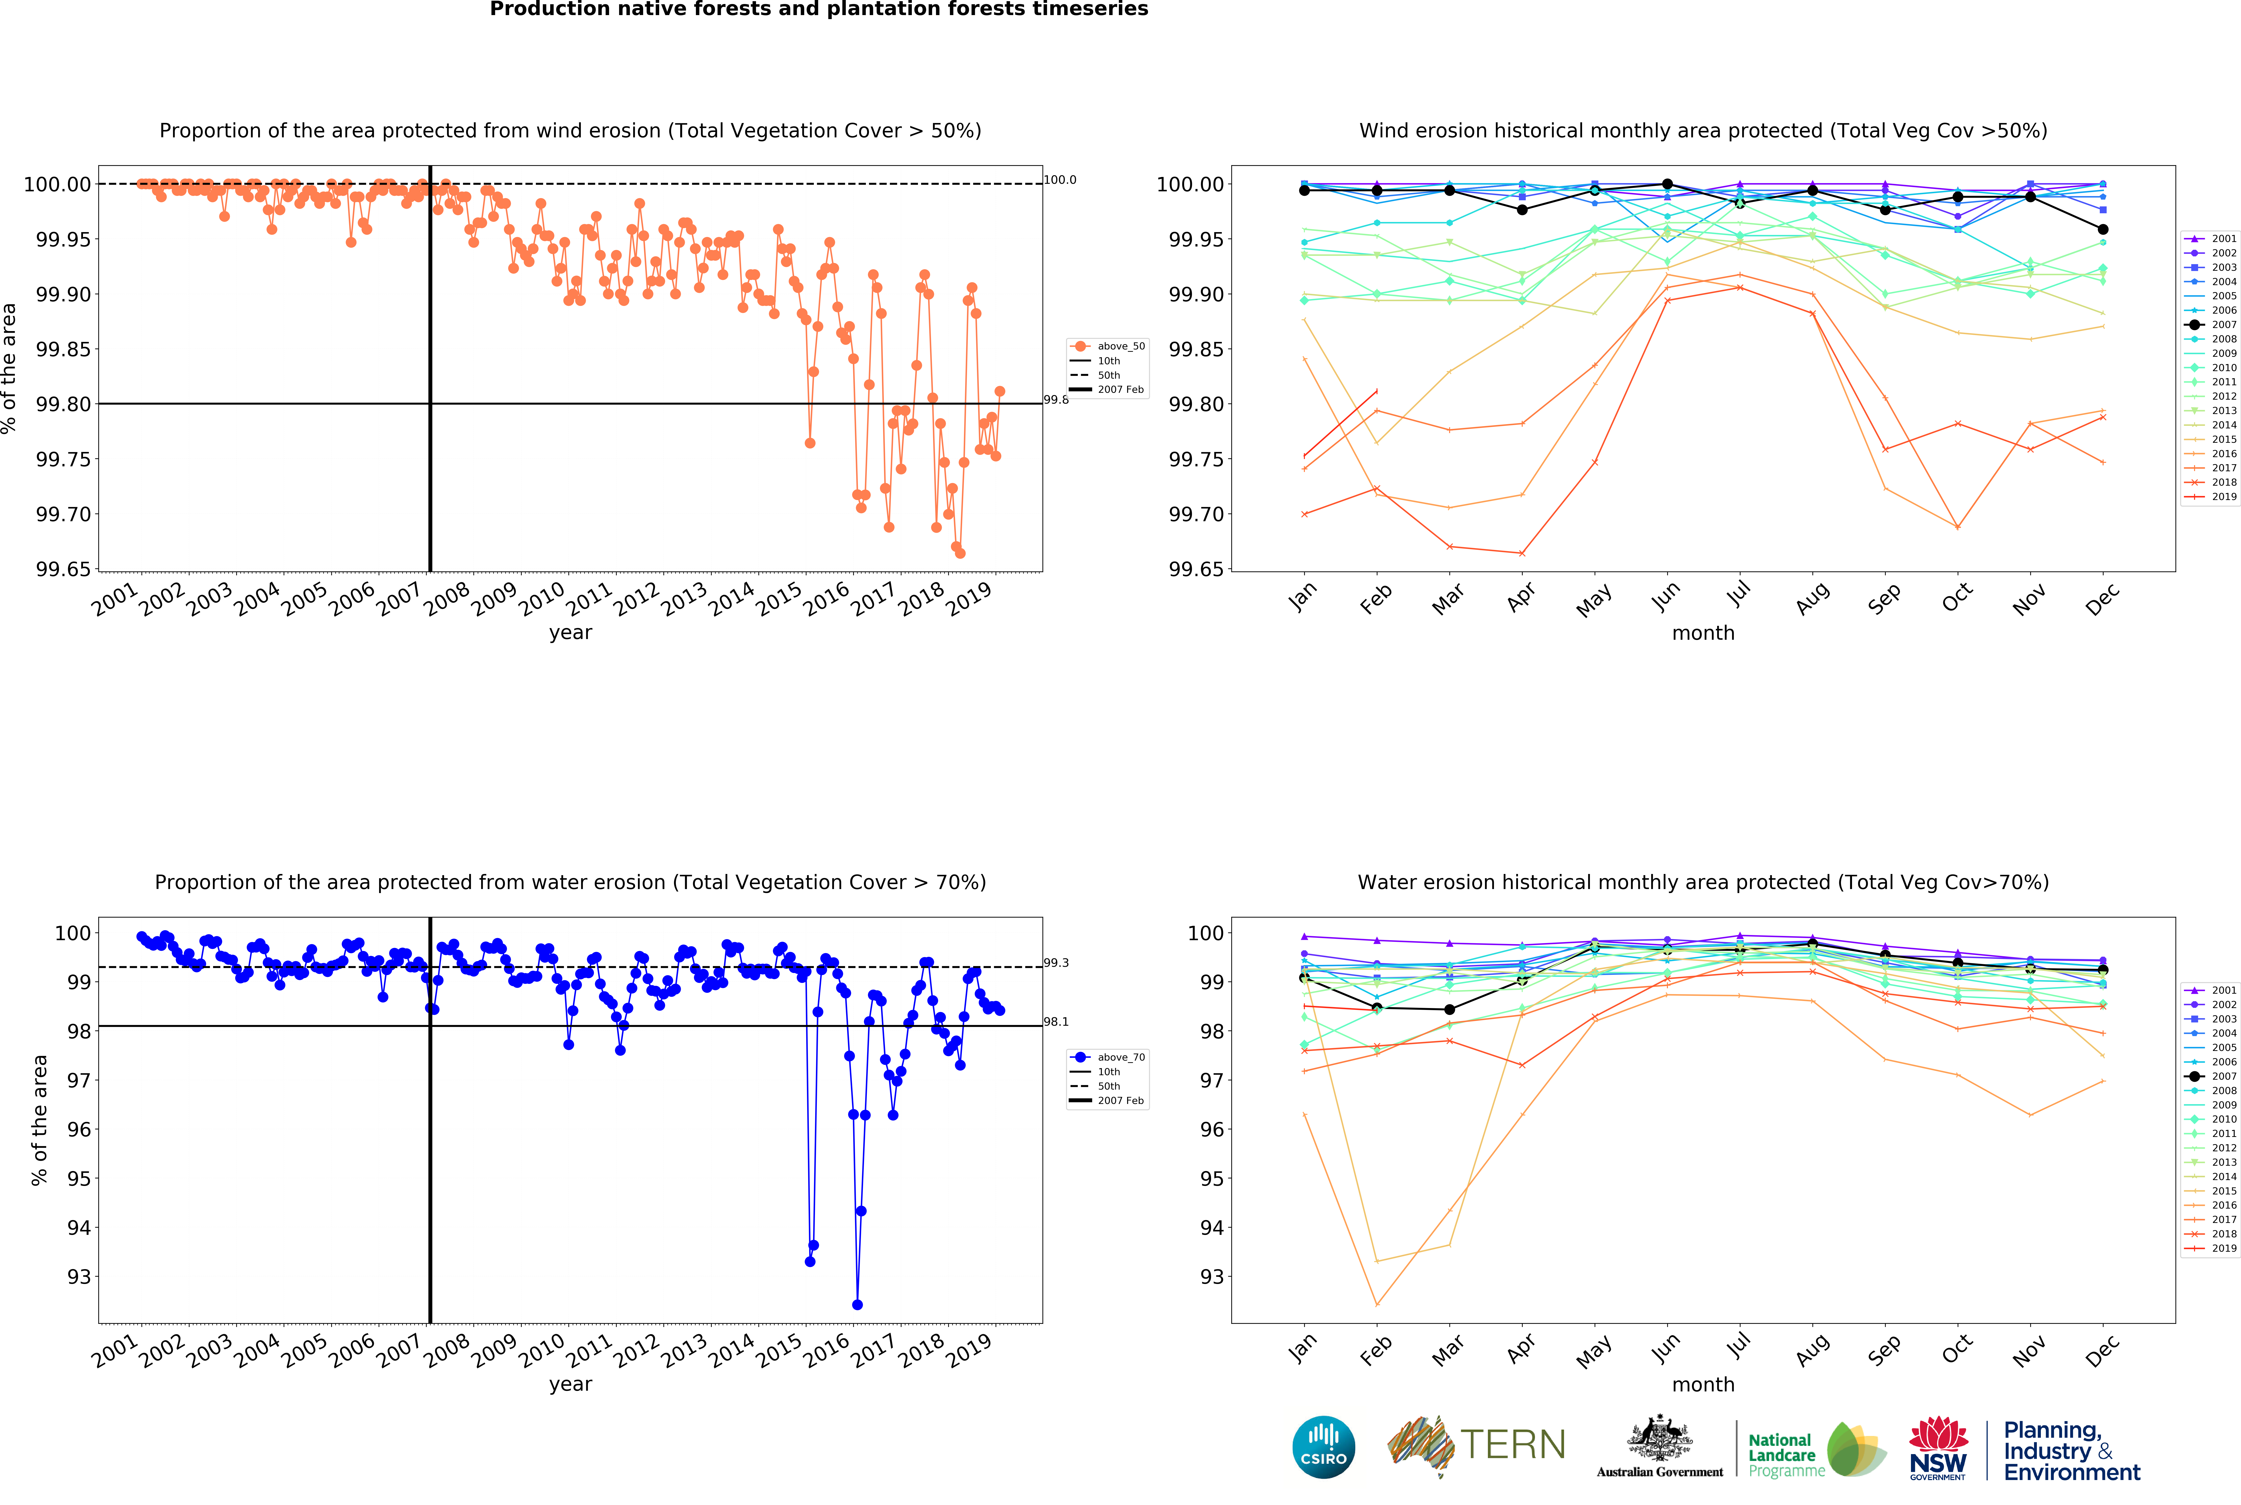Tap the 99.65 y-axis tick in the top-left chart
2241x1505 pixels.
click(x=63, y=569)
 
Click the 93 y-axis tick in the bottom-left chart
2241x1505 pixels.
click(x=79, y=1277)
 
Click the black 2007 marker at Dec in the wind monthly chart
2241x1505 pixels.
click(x=2103, y=230)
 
